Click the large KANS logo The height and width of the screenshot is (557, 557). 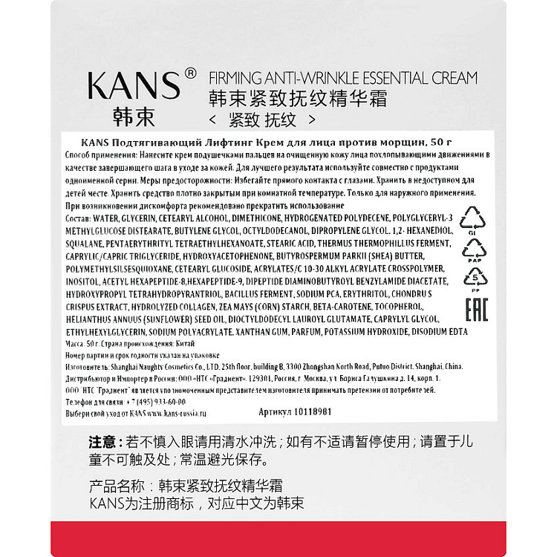[134, 85]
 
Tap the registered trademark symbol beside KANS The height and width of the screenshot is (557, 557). [189, 74]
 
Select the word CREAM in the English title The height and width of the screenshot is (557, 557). [449, 77]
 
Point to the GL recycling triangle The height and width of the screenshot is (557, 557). [472, 219]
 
